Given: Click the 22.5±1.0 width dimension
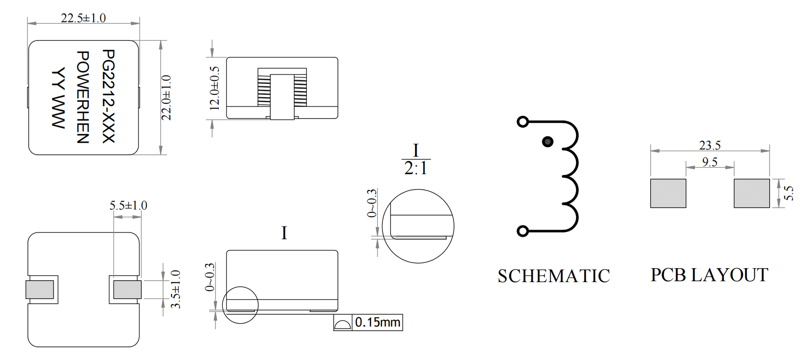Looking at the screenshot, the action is tap(83, 18).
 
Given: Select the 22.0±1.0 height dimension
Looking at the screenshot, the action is tap(166, 98).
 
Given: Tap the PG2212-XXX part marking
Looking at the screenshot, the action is tap(109, 96).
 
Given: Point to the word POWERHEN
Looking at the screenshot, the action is tap(83, 97).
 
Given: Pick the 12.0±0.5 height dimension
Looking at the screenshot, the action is tap(215, 88).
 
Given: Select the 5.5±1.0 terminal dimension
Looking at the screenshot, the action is tap(128, 206).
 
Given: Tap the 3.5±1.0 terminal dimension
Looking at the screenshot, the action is tap(176, 289).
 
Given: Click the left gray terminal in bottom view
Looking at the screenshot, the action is tap(40, 290).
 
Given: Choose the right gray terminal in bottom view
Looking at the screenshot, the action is tap(127, 290).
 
